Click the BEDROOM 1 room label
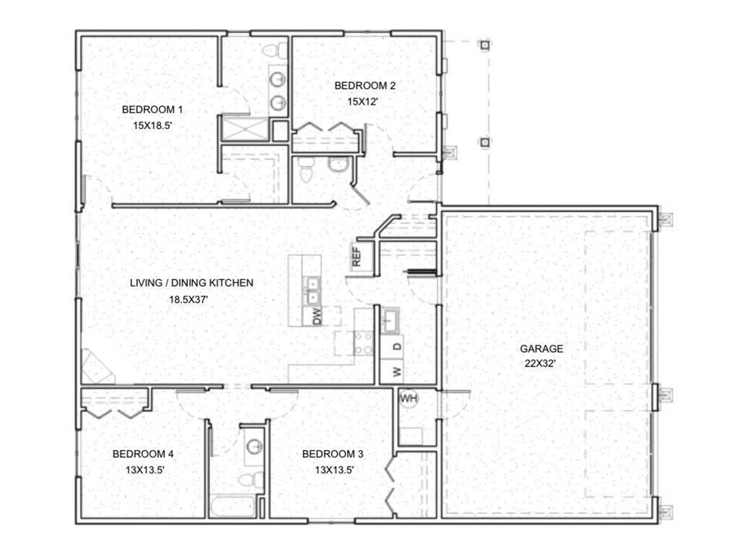pyautogui.click(x=152, y=110)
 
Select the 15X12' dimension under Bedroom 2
pyautogui.click(x=364, y=102)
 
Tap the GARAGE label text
pyautogui.click(x=541, y=348)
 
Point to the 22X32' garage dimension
pyautogui.click(x=541, y=364)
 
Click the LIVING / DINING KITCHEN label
pyautogui.click(x=191, y=283)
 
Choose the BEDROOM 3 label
pyautogui.click(x=332, y=454)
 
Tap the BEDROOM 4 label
pyautogui.click(x=142, y=454)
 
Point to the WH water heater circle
pyautogui.click(x=408, y=398)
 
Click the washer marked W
pyautogui.click(x=396, y=372)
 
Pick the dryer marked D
pyautogui.click(x=396, y=347)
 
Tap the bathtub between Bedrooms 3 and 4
pyautogui.click(x=232, y=506)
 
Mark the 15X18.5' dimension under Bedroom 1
pyautogui.click(x=152, y=125)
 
